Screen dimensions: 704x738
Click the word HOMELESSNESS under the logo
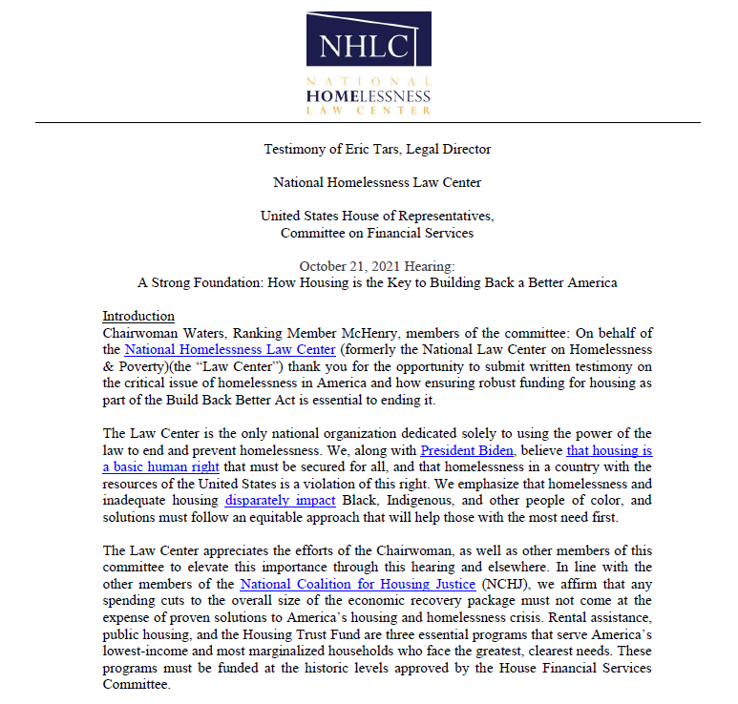(369, 96)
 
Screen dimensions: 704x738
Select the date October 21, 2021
(350, 265)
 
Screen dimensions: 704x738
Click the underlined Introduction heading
(138, 316)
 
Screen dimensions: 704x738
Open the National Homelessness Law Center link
(229, 350)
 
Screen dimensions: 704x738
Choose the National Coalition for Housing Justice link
(358, 583)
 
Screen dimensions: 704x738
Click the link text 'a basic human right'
(160, 466)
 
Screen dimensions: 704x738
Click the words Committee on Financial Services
(376, 233)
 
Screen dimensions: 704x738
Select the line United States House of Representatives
(377, 216)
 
